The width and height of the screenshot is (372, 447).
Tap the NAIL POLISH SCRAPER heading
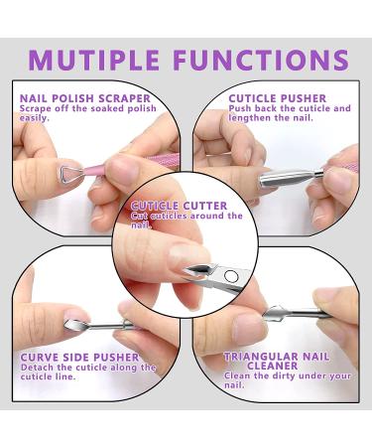pyautogui.click(x=84, y=98)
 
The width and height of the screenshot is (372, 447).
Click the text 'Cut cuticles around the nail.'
pyautogui.click(x=186, y=220)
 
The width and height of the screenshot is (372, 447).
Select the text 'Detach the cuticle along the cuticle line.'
pyautogui.click(x=84, y=372)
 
